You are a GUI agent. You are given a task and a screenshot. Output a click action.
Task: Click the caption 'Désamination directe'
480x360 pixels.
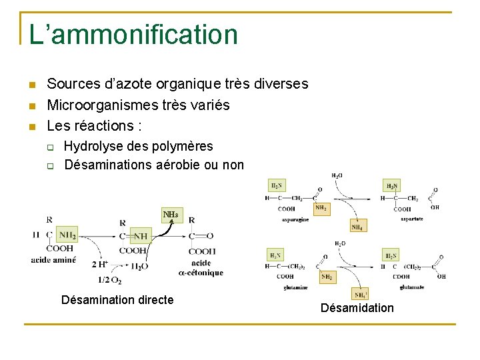[117, 300]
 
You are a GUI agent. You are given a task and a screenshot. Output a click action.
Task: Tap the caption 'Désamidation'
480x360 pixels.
[357, 308]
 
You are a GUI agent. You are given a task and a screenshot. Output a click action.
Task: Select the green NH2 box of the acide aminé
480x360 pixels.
[67, 235]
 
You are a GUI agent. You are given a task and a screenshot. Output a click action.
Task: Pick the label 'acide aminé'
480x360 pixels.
[53, 260]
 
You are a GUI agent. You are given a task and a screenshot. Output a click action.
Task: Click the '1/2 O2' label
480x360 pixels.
[110, 279]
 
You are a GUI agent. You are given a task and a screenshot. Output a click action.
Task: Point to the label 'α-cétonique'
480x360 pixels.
[201, 273]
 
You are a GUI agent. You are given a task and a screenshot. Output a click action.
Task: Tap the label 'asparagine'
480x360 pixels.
[295, 219]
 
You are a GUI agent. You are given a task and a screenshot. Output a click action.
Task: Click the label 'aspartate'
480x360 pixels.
[412, 219]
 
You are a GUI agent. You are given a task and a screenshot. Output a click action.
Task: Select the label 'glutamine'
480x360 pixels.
[295, 287]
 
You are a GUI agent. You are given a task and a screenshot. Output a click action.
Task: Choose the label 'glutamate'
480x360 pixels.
[411, 287]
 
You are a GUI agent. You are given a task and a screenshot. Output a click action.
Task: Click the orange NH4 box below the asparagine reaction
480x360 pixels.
[358, 227]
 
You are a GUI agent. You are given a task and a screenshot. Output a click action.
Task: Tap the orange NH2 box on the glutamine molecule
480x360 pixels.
[327, 276]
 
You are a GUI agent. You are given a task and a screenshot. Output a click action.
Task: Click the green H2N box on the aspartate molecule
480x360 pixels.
[392, 186]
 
